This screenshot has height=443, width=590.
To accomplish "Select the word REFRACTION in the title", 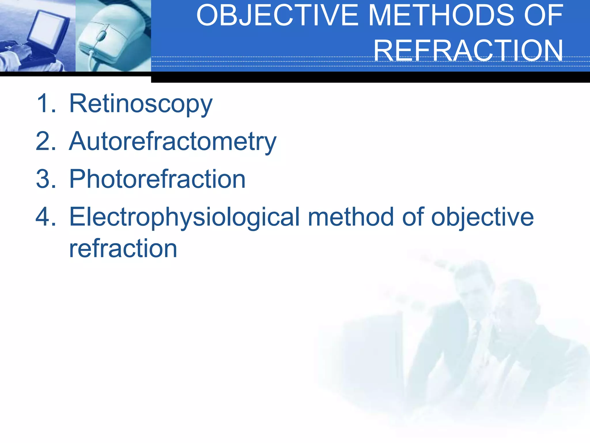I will pyautogui.click(x=468, y=50).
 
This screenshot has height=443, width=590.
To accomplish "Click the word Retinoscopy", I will pyautogui.click(x=141, y=104).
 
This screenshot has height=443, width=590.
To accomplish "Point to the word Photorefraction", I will pyautogui.click(x=157, y=179).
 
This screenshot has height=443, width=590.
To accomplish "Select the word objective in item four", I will pyautogui.click(x=482, y=217).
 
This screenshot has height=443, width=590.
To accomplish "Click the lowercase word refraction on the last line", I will pyautogui.click(x=123, y=249).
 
